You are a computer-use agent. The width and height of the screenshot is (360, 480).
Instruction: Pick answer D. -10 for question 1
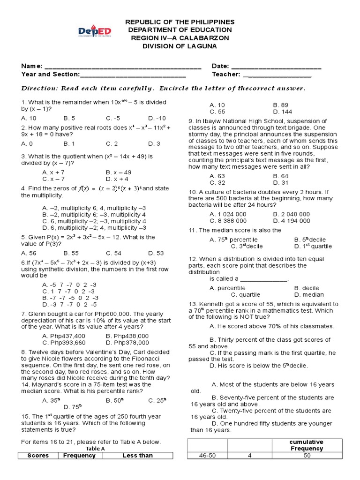point(157,118)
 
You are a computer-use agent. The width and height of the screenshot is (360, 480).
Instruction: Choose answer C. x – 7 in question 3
point(53,179)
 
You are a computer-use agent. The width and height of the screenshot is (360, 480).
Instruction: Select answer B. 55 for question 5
point(70,251)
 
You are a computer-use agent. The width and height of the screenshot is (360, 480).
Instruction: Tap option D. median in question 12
point(309,294)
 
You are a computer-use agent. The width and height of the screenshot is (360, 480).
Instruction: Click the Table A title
point(96,448)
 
